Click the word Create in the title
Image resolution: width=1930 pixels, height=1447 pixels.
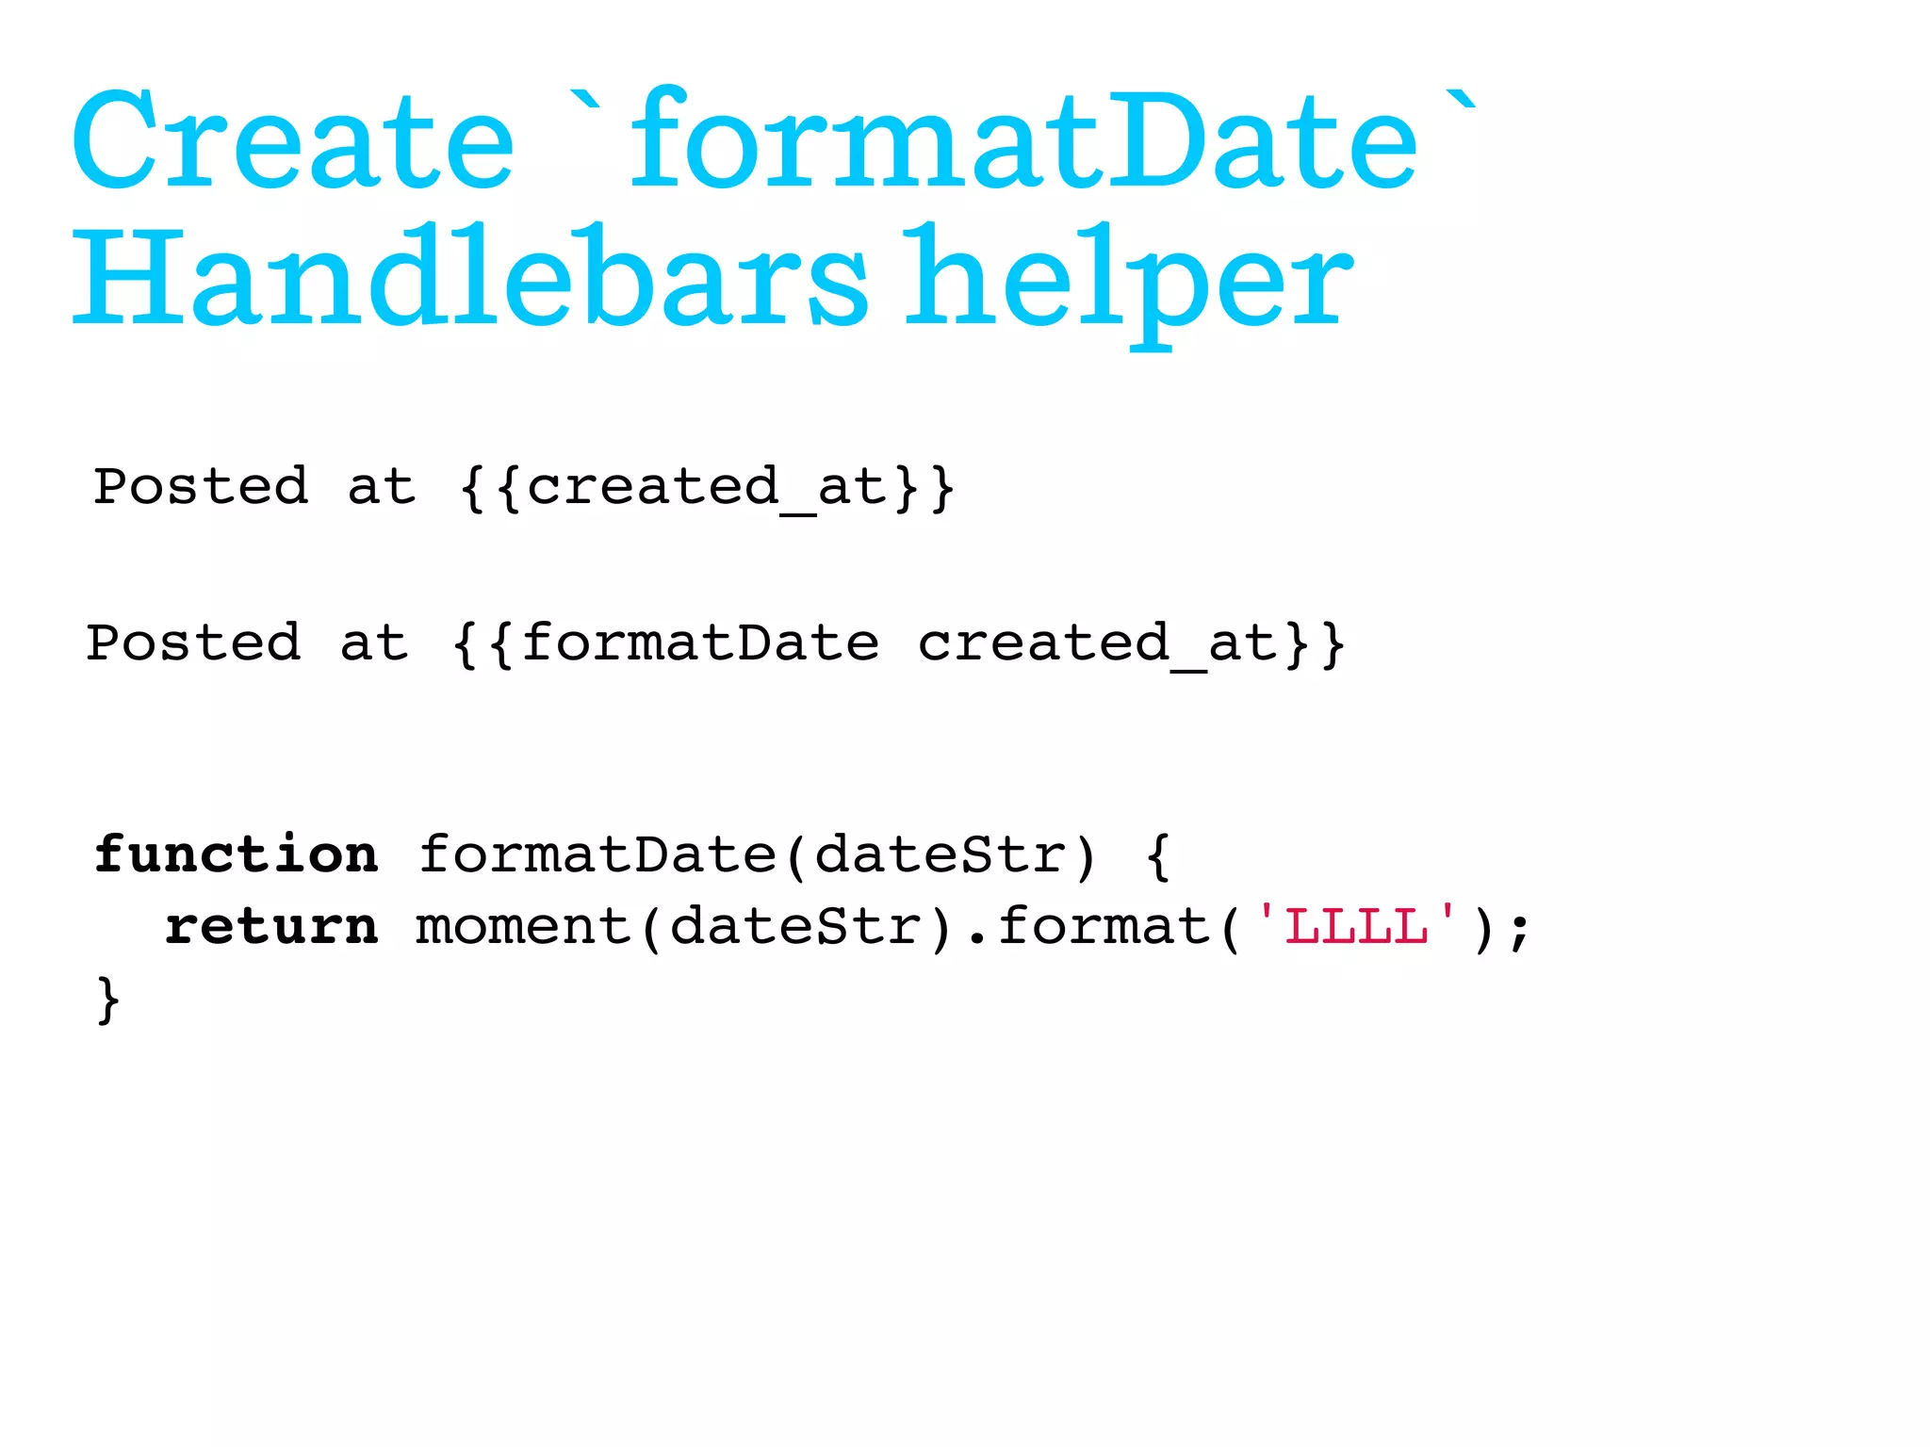click(x=293, y=141)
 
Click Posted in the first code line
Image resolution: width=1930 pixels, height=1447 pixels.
click(x=201, y=487)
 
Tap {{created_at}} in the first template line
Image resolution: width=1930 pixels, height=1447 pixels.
click(x=708, y=489)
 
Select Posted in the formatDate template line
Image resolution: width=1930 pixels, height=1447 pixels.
click(x=194, y=643)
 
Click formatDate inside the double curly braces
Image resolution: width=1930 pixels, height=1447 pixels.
click(x=700, y=643)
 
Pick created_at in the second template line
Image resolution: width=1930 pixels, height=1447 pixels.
click(x=1098, y=645)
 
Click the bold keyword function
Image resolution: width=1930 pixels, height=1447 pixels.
click(x=237, y=854)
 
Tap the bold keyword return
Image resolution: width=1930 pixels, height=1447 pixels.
click(x=272, y=926)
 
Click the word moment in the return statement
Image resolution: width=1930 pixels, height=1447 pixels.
click(x=522, y=926)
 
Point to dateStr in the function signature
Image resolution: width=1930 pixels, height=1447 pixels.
click(x=939, y=854)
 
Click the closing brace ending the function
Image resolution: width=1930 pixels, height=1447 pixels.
click(x=107, y=1000)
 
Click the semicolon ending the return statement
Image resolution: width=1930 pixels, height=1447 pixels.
click(x=1518, y=931)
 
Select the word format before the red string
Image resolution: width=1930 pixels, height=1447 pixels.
click(x=1104, y=926)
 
